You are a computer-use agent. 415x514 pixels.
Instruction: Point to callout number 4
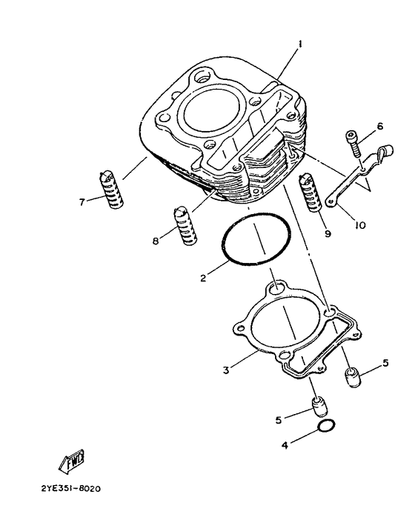point(285,445)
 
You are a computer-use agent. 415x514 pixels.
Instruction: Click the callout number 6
point(379,127)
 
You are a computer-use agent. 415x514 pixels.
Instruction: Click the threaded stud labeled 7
point(110,190)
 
